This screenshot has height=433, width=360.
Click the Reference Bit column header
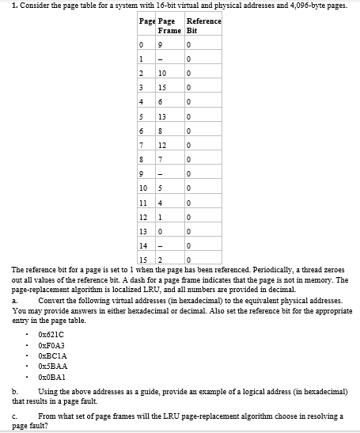pyautogui.click(x=203, y=25)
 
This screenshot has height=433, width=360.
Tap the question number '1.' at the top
pyautogui.click(x=5, y=5)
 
